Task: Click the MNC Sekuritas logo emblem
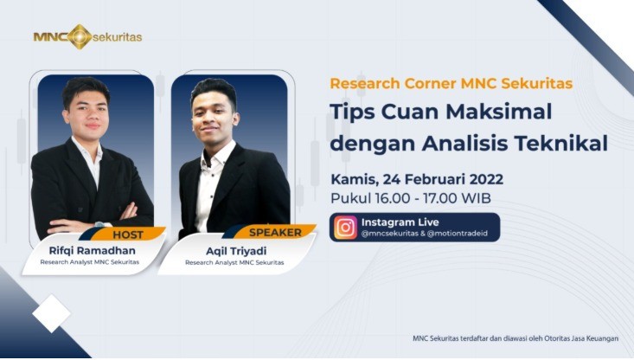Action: [79, 37]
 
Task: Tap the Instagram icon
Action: [346, 227]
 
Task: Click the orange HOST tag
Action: [129, 234]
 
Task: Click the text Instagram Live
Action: [400, 222]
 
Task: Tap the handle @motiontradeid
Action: [458, 234]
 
